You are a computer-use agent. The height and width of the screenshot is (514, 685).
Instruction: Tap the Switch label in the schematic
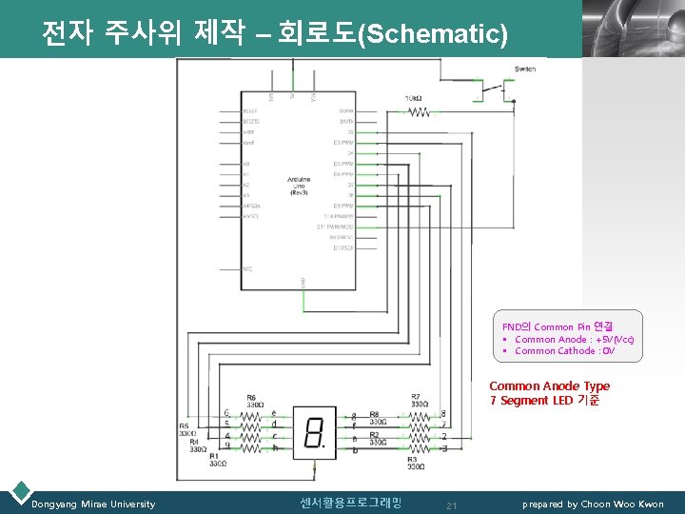[x=524, y=69]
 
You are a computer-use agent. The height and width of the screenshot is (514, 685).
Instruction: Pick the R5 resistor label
[x=184, y=426]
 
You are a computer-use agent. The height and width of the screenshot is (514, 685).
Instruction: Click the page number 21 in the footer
[x=452, y=505]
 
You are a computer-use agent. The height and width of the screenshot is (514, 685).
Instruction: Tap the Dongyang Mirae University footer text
[x=93, y=504]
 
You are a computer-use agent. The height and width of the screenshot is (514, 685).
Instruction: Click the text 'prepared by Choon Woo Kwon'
[x=593, y=504]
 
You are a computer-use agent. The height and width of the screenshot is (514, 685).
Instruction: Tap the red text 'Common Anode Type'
[x=549, y=386]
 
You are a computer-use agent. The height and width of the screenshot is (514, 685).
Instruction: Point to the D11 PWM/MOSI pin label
[x=335, y=227]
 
